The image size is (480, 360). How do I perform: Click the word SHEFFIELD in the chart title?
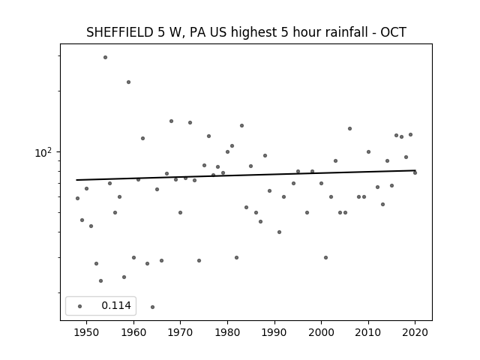point(120,32)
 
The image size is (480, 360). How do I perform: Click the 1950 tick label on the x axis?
point(87,332)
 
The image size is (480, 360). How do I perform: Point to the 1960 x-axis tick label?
point(133,332)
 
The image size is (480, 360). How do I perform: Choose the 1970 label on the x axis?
point(181,332)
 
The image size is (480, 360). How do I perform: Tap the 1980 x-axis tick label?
point(227,332)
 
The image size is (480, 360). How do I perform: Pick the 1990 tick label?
point(274,332)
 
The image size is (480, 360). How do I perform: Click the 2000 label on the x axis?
point(322,332)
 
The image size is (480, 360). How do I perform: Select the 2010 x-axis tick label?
point(368,332)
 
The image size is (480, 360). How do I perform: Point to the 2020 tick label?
point(415,332)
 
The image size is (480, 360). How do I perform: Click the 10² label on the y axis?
point(43,152)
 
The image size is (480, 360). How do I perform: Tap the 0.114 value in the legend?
point(116,305)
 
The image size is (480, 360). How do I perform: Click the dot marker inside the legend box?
point(80,306)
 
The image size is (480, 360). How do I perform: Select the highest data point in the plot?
point(105,57)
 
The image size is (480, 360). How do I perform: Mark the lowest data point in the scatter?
point(152,307)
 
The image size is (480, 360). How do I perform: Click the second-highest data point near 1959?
point(128,82)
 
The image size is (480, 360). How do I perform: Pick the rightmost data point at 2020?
point(415,173)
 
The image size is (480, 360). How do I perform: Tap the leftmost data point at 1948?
point(77,198)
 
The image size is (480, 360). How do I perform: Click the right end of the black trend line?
point(415,170)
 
